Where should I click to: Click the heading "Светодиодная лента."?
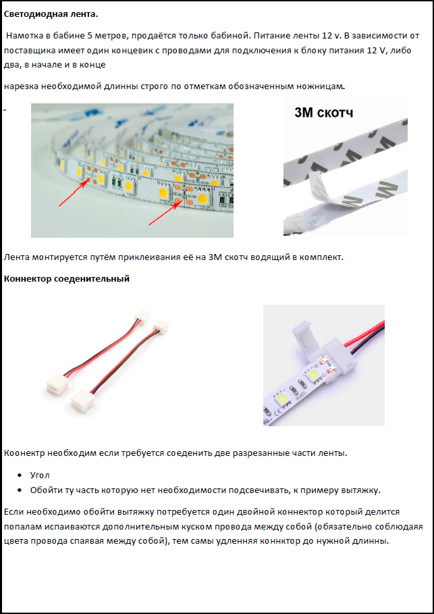coord(51,14)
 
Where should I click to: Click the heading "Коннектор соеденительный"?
coord(67,279)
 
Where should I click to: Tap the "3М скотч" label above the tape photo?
coord(323,113)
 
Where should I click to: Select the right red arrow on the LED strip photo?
coord(165,211)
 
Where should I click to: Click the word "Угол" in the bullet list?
coord(40,476)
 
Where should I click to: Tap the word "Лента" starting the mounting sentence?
coord(16,257)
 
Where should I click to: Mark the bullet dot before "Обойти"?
coord(20,490)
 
